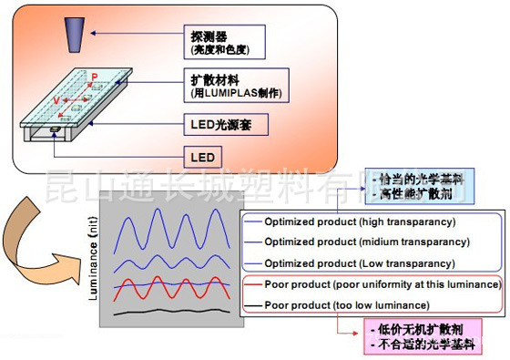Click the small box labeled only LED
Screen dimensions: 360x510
click(201, 157)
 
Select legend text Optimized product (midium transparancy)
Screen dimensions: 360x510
click(366, 242)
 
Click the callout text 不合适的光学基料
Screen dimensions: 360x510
click(422, 345)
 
